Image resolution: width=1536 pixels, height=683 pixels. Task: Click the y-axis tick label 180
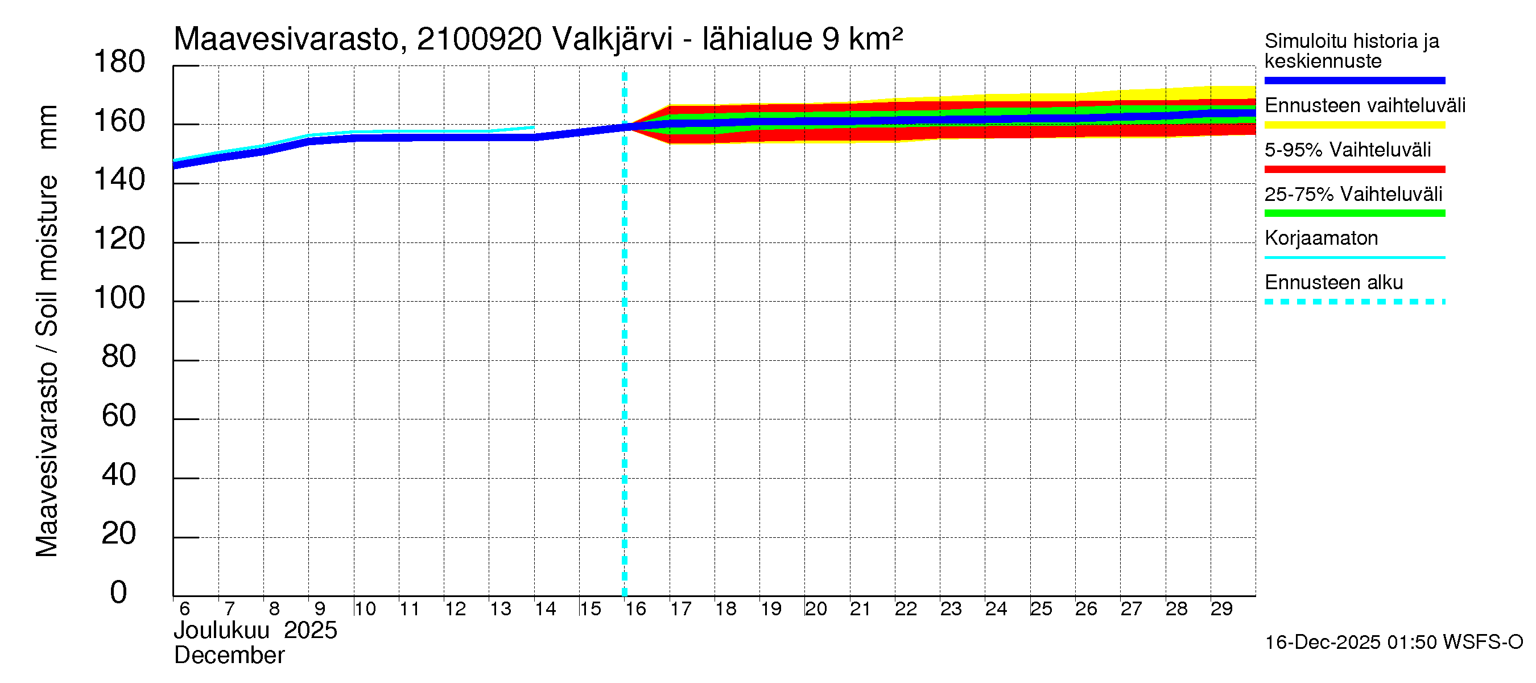point(119,62)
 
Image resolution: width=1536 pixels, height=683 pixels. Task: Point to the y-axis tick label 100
point(119,298)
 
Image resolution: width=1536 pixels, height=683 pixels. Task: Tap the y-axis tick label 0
point(119,593)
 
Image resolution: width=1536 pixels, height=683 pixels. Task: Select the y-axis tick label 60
point(119,415)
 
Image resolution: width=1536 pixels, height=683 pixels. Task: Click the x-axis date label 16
point(635,609)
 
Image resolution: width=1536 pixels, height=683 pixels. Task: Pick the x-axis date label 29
point(1221,609)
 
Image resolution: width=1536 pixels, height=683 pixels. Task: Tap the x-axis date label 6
point(184,609)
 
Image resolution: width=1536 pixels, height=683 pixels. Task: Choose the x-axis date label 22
point(906,609)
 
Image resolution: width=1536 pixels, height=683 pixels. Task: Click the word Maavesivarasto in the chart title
point(286,39)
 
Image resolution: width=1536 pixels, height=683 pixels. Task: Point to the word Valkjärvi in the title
point(612,39)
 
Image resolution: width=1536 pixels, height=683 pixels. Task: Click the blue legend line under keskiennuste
point(1354,80)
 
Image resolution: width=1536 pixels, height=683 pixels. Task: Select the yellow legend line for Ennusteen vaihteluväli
point(1354,125)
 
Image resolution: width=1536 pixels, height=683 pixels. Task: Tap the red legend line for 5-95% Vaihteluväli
point(1354,170)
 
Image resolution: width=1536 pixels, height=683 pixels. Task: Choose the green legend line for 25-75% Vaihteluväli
point(1354,213)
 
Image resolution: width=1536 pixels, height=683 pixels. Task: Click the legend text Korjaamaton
point(1321,238)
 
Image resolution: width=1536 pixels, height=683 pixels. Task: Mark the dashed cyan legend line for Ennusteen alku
point(1354,302)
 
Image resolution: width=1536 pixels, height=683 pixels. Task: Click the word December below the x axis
point(229,656)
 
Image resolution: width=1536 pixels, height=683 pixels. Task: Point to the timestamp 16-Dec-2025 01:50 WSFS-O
point(1393,643)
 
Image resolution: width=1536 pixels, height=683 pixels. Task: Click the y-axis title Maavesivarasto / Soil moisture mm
point(47,331)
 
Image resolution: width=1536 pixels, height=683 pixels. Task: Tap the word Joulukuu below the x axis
point(221,631)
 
